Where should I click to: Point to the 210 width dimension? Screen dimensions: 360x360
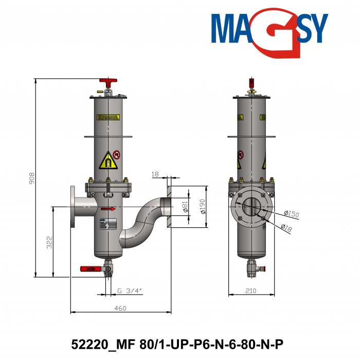[x=250, y=291]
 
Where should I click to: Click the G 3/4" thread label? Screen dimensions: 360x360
[x=129, y=291]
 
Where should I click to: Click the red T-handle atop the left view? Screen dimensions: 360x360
[x=108, y=82]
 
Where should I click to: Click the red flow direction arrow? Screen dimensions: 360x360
[x=108, y=209]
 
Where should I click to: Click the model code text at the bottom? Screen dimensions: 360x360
[x=181, y=343]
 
